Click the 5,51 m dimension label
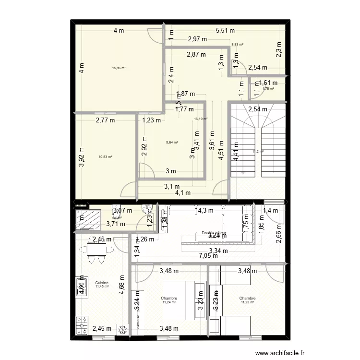(225, 31)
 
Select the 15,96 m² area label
(119, 68)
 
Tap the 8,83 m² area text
(237, 45)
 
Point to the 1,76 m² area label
(268, 88)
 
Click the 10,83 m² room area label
(105, 157)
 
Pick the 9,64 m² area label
(172, 143)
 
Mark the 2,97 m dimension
(197, 39)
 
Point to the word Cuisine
(102, 283)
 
